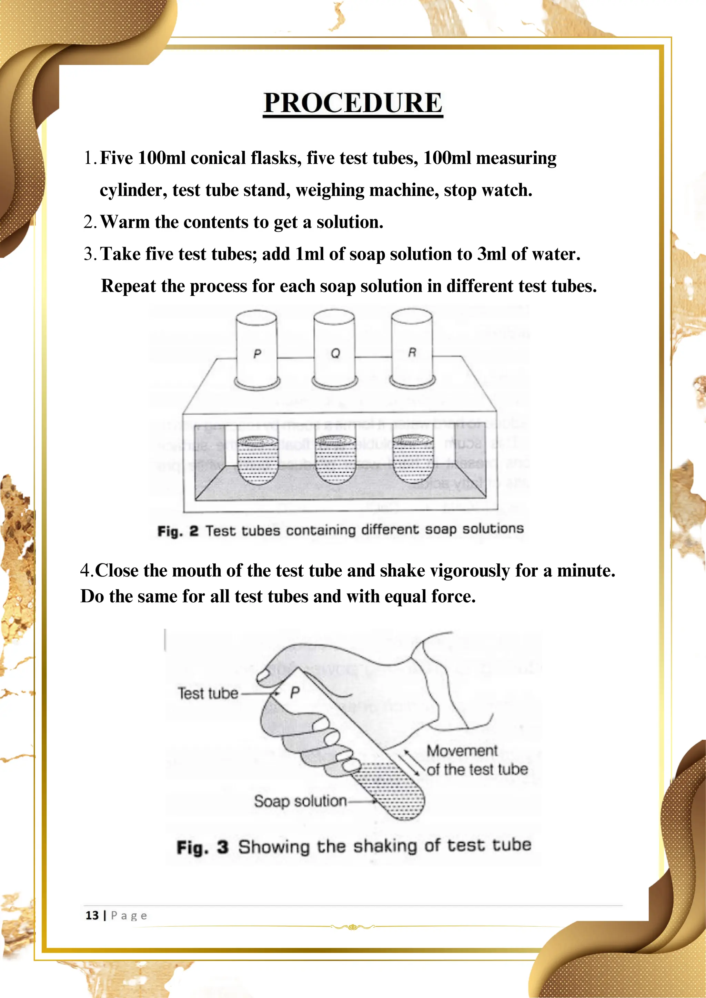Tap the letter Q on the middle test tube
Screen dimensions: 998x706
pyautogui.click(x=335, y=353)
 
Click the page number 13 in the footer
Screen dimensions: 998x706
pyautogui.click(x=92, y=915)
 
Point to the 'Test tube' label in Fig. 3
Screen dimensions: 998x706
pyautogui.click(x=208, y=693)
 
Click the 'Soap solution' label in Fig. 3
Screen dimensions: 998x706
pyautogui.click(x=300, y=801)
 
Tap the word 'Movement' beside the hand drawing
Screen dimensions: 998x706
pyautogui.click(x=462, y=751)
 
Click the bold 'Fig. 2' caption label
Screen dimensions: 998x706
pyautogui.click(x=178, y=531)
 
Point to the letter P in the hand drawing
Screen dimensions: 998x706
pyautogui.click(x=295, y=692)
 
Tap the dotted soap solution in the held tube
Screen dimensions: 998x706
pyautogui.click(x=393, y=791)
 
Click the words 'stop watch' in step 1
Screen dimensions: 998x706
pyautogui.click(x=488, y=190)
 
